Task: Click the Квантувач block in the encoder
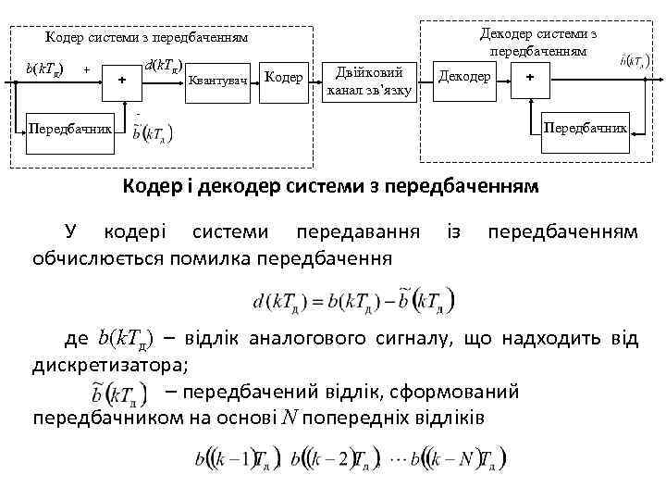pos(217,82)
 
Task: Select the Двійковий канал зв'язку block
pos(369,81)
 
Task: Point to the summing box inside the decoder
pos(529,78)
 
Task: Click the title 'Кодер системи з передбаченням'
pos(146,38)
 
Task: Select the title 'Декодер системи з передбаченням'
pos(537,42)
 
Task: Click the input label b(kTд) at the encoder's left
pos(43,69)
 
